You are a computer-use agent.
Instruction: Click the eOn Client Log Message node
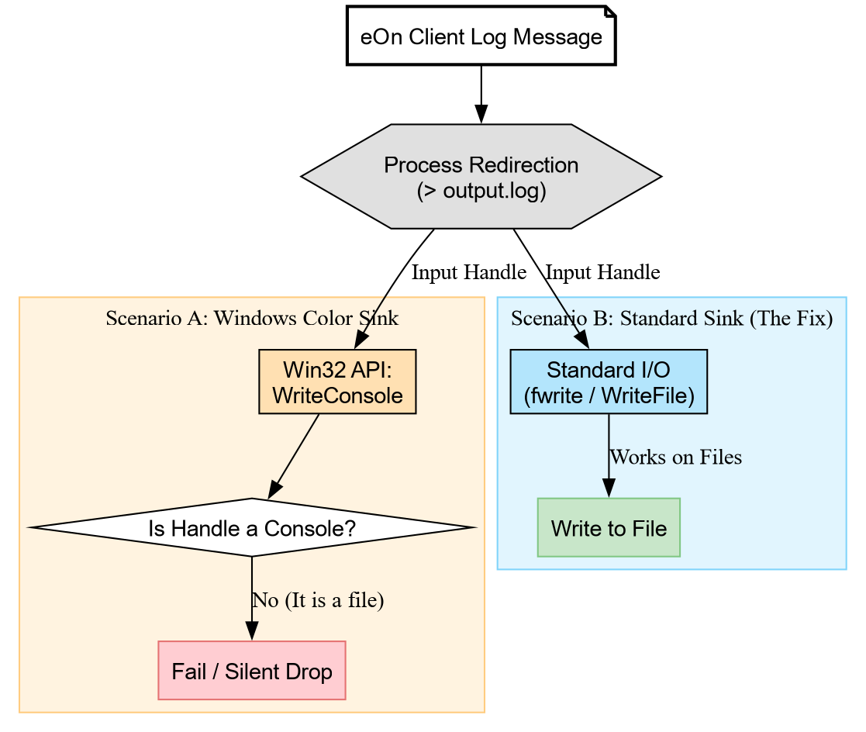(481, 36)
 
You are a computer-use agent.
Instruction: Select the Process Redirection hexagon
(481, 177)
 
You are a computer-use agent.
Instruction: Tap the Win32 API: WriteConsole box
(337, 382)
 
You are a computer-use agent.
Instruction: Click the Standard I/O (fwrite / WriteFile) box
(609, 382)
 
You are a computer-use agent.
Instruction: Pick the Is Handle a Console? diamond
(251, 528)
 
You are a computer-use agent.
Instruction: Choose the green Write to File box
(609, 528)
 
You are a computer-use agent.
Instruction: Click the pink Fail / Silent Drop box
(251, 671)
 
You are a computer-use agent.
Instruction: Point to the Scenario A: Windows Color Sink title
(251, 318)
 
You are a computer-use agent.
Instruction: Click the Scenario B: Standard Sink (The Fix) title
(671, 318)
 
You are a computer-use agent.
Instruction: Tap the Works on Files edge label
(675, 457)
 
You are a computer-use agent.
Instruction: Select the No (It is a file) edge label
(318, 600)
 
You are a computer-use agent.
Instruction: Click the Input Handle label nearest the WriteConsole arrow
(468, 272)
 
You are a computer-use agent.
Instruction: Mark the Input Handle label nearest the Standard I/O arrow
(602, 272)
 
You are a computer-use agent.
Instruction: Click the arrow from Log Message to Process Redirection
(481, 93)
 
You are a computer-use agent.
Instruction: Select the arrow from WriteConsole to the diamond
(295, 456)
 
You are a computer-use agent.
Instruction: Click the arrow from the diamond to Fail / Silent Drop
(251, 597)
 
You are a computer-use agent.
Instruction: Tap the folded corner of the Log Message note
(610, 11)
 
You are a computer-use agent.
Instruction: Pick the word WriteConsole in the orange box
(337, 394)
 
